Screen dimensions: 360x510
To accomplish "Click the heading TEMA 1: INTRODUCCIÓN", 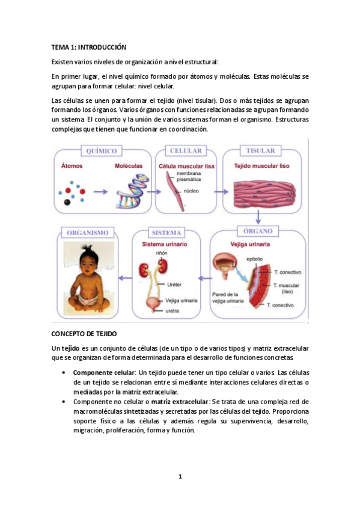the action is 89,46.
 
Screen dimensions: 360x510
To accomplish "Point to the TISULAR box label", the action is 260,150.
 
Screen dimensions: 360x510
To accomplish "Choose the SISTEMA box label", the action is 167,232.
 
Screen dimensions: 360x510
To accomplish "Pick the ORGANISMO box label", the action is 88,232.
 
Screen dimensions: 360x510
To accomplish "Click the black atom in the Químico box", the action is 66,201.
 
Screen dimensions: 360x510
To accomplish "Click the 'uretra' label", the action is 173,311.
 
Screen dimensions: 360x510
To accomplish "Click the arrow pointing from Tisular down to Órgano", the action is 259,217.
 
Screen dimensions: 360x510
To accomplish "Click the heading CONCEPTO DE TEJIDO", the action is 84,333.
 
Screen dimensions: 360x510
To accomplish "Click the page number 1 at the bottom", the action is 180,477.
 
